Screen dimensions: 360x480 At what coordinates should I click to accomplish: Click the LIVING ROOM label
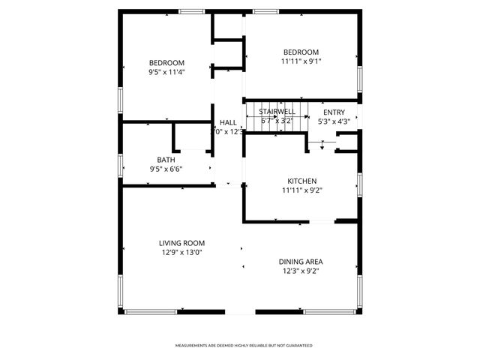(x=181, y=243)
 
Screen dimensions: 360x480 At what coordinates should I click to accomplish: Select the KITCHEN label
(x=302, y=181)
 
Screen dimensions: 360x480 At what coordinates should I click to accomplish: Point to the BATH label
(x=166, y=160)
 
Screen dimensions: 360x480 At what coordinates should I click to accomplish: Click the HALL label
(x=228, y=122)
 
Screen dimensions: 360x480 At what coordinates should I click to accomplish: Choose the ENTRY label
(x=334, y=112)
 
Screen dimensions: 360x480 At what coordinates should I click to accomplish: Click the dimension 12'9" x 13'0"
(x=181, y=253)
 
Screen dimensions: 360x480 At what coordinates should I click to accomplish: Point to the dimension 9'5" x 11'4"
(x=166, y=72)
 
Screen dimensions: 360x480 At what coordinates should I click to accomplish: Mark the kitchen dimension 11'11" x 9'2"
(x=302, y=190)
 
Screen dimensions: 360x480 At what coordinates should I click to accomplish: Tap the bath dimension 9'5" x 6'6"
(x=166, y=169)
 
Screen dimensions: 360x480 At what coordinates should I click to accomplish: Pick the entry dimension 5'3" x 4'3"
(x=334, y=121)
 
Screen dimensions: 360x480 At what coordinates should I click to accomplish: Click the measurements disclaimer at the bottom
(x=244, y=346)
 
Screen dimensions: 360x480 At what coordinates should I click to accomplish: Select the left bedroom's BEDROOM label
(x=166, y=62)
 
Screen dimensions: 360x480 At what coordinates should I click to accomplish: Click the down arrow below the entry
(x=322, y=145)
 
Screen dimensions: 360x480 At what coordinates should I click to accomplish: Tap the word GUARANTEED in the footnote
(x=299, y=346)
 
